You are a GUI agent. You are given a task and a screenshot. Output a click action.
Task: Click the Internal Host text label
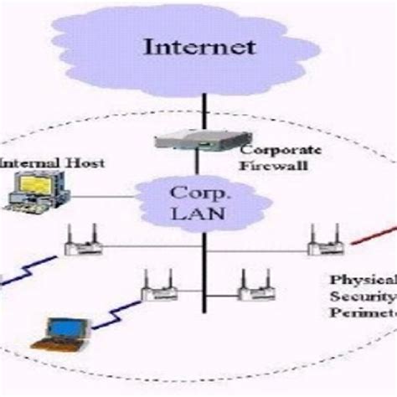[x=52, y=162]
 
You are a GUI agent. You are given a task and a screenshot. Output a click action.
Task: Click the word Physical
[x=361, y=281]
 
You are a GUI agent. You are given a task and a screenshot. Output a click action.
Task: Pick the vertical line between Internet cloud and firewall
[x=201, y=109]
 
